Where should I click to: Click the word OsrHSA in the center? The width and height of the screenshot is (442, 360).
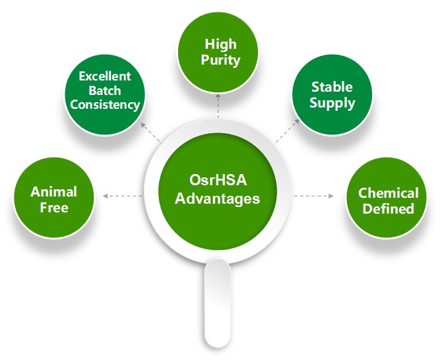[x=218, y=180]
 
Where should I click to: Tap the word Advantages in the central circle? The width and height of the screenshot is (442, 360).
[x=217, y=198]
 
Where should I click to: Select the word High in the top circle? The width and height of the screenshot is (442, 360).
[x=220, y=44]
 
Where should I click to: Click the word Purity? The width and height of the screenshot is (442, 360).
[x=220, y=60]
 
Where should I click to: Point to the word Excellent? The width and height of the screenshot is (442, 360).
[x=105, y=76]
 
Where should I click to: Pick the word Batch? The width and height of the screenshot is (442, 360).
[x=105, y=90]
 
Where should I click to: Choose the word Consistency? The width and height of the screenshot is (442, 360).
[x=105, y=105]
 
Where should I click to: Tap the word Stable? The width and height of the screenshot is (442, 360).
[x=332, y=87]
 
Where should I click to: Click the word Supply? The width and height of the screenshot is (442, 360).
[x=332, y=103]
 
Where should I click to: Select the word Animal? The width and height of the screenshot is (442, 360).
[x=53, y=192]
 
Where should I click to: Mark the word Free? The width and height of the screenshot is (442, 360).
[x=54, y=208]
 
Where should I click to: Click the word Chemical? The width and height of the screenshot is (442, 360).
[x=388, y=193]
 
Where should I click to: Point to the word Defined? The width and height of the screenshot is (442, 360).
[x=388, y=209]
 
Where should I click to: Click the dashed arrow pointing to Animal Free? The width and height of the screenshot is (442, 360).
[x=123, y=196]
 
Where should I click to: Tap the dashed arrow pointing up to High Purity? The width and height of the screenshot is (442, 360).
[x=218, y=106]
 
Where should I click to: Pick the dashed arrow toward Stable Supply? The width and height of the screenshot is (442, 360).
[x=287, y=131]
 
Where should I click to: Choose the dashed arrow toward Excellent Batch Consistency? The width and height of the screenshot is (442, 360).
[x=151, y=133]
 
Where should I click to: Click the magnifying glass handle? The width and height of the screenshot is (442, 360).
[x=217, y=303]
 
